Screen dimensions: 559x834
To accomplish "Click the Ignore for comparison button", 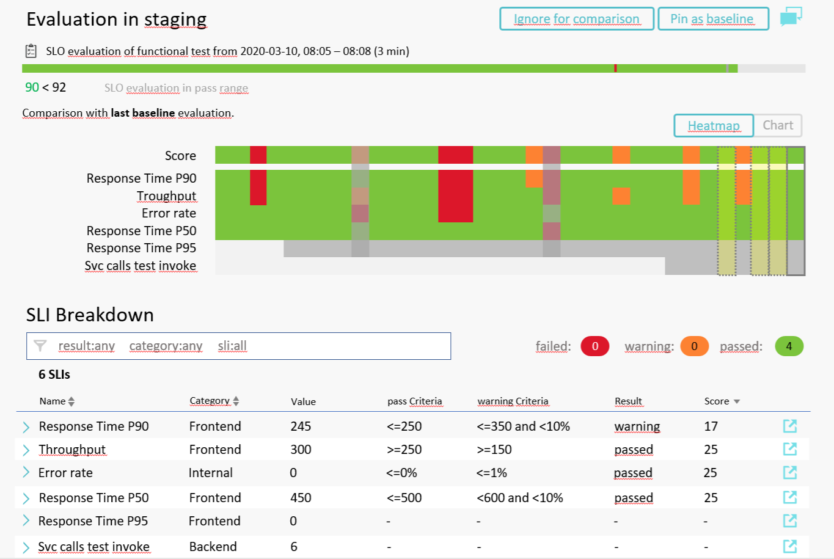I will pos(576,19).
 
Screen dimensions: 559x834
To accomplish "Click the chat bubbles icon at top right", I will pos(791,17).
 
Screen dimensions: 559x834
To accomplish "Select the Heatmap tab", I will pos(713,126).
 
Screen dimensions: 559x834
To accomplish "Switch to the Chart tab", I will pos(777,125).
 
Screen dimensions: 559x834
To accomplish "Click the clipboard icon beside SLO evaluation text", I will pos(31,51).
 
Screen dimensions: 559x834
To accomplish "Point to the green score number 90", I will pos(32,87).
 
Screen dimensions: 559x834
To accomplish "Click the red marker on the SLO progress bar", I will pos(615,68).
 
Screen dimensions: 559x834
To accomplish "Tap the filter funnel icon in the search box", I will pos(40,346).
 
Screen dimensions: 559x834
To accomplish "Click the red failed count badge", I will pos(594,346).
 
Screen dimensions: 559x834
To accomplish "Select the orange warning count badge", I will pos(693,346).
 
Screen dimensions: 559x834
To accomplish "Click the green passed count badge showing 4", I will pos(788,346).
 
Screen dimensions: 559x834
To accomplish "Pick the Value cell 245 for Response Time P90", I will pos(301,426).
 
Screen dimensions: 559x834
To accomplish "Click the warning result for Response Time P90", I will pos(637,426).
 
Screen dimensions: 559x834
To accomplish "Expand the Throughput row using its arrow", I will pos(26,450).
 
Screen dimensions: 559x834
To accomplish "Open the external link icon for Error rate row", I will pos(789,472).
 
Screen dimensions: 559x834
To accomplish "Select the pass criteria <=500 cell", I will pos(404,498).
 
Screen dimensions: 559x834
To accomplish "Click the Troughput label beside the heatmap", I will pos(166,196).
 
